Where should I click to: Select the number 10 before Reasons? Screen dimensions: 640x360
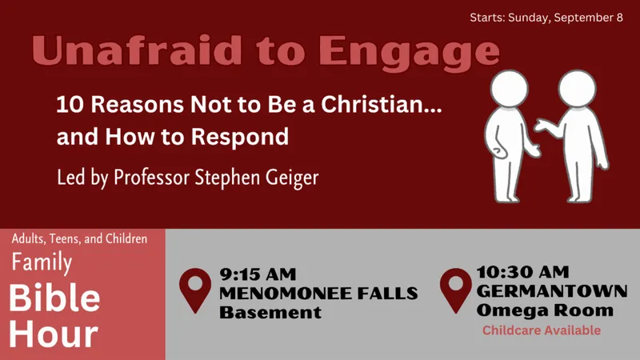click(69, 104)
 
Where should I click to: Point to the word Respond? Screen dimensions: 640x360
click(240, 137)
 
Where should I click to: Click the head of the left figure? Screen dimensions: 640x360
click(509, 88)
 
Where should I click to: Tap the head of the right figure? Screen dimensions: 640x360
click(577, 88)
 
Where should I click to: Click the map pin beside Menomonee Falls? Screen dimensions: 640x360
click(195, 290)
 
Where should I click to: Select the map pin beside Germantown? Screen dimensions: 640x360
click(456, 290)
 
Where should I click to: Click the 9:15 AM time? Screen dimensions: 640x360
click(258, 274)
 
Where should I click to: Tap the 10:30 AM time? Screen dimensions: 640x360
click(522, 272)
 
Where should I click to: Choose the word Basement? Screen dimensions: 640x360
click(270, 313)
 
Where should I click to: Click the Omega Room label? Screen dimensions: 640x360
click(545, 310)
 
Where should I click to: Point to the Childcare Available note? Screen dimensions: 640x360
click(542, 330)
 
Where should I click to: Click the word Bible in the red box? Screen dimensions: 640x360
click(54, 298)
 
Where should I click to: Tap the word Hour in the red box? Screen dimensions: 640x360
click(54, 334)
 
